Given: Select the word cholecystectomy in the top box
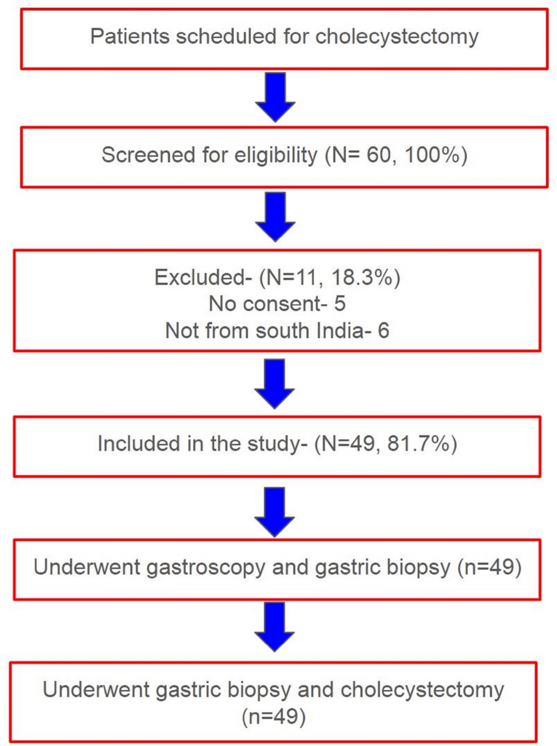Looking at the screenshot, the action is click(x=397, y=37).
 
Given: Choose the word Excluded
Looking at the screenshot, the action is click(x=200, y=277).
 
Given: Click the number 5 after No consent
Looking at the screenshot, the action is click(x=340, y=303).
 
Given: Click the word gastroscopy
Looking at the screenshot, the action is click(x=206, y=567).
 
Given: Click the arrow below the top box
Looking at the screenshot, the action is click(x=275, y=97).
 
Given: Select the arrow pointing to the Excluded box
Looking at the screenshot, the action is click(x=275, y=217).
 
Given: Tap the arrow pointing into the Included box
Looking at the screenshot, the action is click(x=275, y=384).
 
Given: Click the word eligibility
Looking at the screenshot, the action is click(x=276, y=155).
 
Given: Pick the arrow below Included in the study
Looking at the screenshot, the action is click(x=275, y=512).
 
